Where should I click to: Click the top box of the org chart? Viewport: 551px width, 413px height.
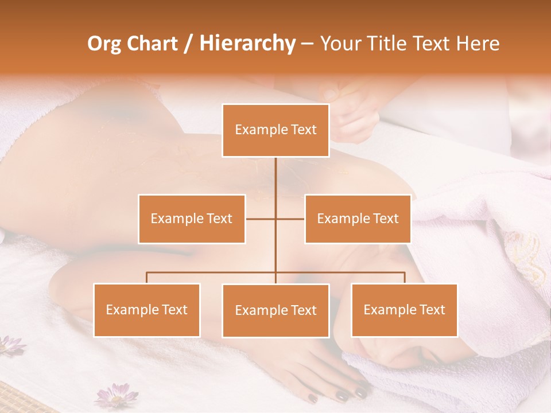coord(275,130)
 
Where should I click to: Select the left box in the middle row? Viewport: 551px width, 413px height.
coord(192,219)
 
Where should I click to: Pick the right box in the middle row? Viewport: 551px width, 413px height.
coord(358,219)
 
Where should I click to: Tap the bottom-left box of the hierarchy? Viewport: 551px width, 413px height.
coord(147,310)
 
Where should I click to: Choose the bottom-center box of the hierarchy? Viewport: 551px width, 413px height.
coord(275,310)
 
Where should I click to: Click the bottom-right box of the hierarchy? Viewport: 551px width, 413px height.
coord(404,310)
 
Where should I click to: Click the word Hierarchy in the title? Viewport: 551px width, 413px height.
coord(247,44)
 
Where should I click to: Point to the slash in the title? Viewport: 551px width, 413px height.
coord(188,44)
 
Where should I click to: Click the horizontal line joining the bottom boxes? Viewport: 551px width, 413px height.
coord(212,272)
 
